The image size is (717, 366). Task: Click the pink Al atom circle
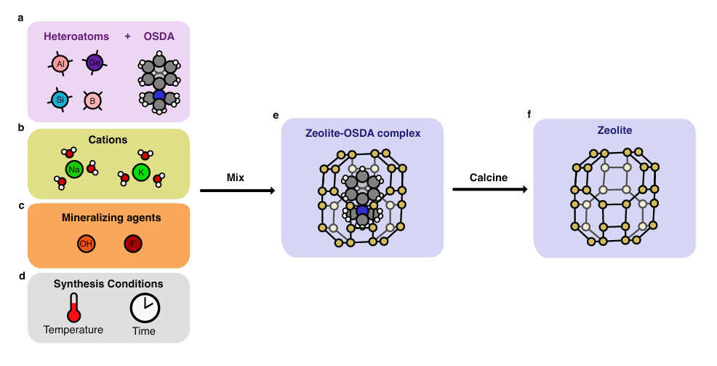click(60, 64)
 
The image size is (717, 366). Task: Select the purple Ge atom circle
click(95, 63)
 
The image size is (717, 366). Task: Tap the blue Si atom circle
click(60, 99)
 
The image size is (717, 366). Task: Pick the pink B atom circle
click(92, 100)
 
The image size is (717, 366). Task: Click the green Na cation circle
click(73, 170)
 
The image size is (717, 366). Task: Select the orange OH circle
click(86, 244)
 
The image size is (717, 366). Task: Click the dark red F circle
click(133, 244)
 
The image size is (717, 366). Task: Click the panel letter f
click(529, 114)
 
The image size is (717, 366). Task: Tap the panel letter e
click(276, 115)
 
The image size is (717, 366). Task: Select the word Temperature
click(73, 330)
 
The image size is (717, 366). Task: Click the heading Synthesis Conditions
click(108, 284)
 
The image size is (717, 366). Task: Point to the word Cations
click(108, 140)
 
